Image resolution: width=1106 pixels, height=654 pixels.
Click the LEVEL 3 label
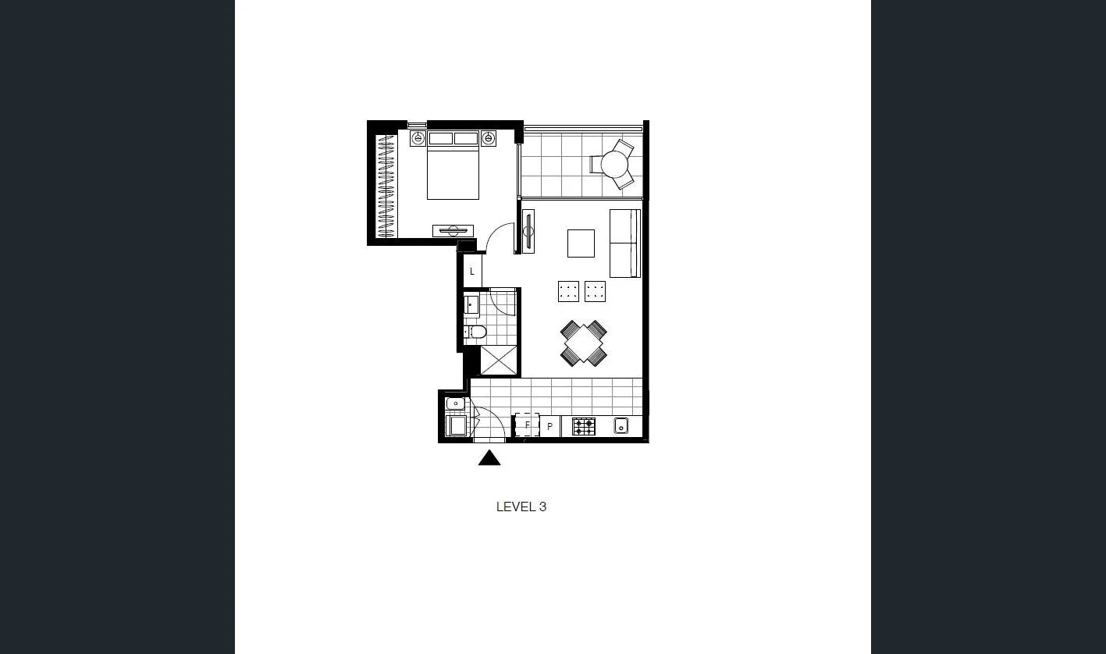tap(521, 506)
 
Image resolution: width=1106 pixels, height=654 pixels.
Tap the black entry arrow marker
tap(489, 458)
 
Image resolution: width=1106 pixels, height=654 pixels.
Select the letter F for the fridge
tap(527, 425)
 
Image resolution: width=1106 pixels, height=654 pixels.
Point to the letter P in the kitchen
tap(549, 427)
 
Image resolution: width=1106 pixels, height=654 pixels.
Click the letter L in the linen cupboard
tap(472, 272)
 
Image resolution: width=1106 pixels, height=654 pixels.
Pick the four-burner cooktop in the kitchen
tap(584, 426)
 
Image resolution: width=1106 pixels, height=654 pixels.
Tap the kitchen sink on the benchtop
tap(621, 425)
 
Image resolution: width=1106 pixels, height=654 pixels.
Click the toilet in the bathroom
tap(476, 332)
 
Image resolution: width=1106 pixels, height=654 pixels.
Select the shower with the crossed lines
tap(499, 359)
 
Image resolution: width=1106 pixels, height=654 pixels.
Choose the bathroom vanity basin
tap(472, 304)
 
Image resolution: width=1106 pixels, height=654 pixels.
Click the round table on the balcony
tap(614, 165)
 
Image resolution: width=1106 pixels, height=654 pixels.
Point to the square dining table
tap(583, 343)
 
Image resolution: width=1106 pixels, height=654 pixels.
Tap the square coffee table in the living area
tap(581, 243)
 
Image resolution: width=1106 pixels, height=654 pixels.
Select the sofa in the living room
tap(624, 243)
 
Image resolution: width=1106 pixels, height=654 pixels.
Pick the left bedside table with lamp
tap(418, 139)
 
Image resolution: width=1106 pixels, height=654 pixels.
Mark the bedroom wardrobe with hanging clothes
tap(386, 187)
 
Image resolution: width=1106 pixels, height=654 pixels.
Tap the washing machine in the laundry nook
tap(455, 425)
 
